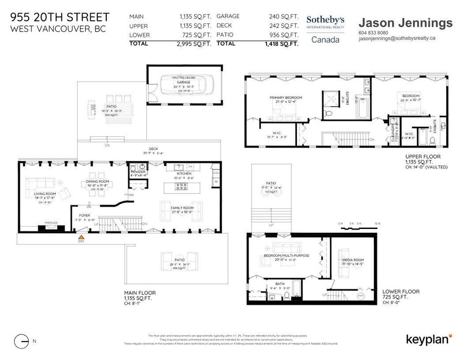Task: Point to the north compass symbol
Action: click(21, 341)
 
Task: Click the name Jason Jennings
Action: click(405, 23)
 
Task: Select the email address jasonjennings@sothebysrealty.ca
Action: click(397, 38)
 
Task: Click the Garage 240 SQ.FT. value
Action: click(284, 16)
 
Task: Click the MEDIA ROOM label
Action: click(352, 260)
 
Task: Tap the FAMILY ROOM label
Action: click(182, 208)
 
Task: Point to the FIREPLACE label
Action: click(51, 223)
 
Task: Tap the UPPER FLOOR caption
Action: click(423, 157)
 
